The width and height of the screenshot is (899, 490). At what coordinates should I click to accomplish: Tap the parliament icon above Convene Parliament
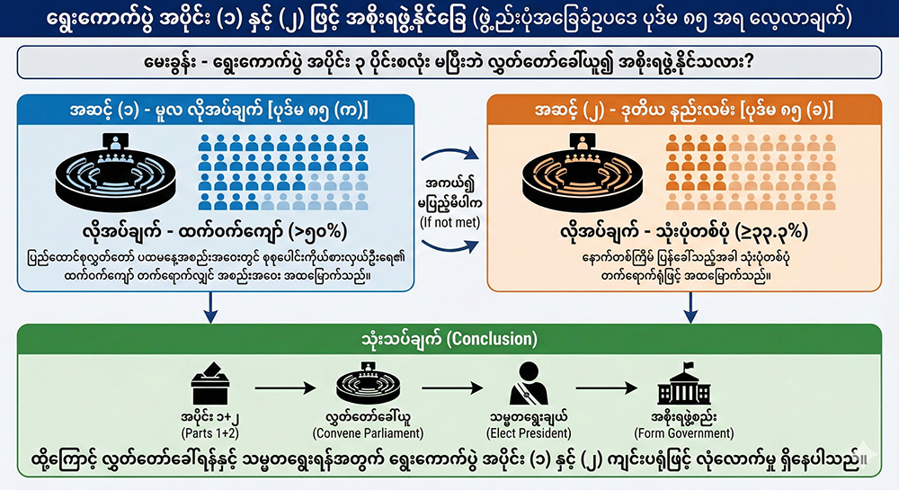366,387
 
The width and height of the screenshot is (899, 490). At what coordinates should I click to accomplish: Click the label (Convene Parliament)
366,432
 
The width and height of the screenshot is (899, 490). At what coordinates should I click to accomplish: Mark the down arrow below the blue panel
209,311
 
